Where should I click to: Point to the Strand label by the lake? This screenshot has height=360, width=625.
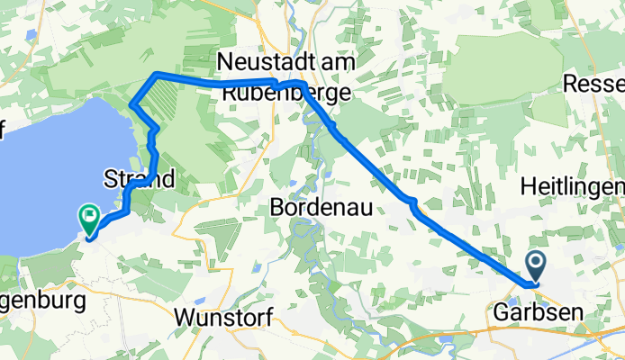pos(140,178)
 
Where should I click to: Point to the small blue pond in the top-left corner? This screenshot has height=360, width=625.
pos(32,36)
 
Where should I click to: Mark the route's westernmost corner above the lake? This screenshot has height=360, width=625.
pos(132,104)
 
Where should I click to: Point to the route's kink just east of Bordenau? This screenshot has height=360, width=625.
pos(412,202)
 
